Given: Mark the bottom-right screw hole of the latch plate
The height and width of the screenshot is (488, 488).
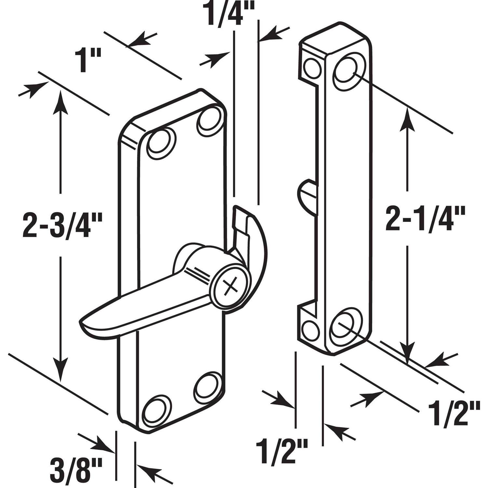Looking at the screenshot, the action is point(210,387).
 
